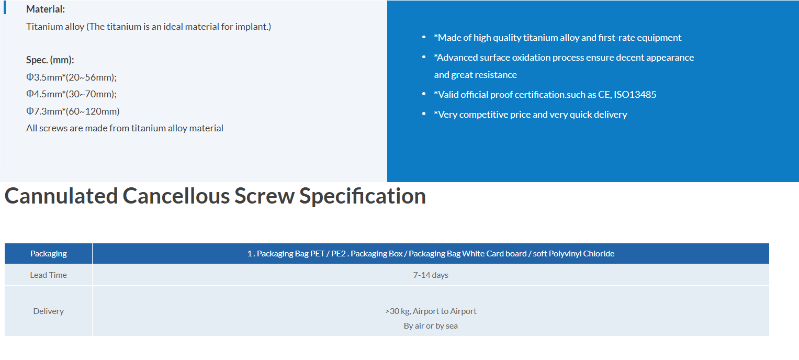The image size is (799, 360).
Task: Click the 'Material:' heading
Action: click(46, 9)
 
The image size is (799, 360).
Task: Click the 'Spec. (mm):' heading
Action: click(50, 60)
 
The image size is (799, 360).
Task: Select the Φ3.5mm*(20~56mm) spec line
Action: click(71, 77)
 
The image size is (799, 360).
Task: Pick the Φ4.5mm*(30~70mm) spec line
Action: click(71, 94)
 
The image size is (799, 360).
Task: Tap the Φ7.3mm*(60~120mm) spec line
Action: click(73, 111)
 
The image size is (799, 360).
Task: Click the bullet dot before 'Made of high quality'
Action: click(424, 37)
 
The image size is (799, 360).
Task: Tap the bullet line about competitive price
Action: click(531, 115)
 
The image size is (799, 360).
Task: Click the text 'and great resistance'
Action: click(475, 75)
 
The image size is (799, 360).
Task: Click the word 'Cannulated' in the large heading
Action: click(61, 196)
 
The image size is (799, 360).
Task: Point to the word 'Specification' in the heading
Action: click(363, 197)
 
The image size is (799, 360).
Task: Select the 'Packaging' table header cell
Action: click(49, 254)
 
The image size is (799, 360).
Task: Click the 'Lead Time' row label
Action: click(49, 275)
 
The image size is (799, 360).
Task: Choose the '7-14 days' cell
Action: click(431, 275)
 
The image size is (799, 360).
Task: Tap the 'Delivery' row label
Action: click(49, 311)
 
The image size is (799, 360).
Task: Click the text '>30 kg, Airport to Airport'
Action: click(431, 311)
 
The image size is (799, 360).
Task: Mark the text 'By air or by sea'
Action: click(431, 326)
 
